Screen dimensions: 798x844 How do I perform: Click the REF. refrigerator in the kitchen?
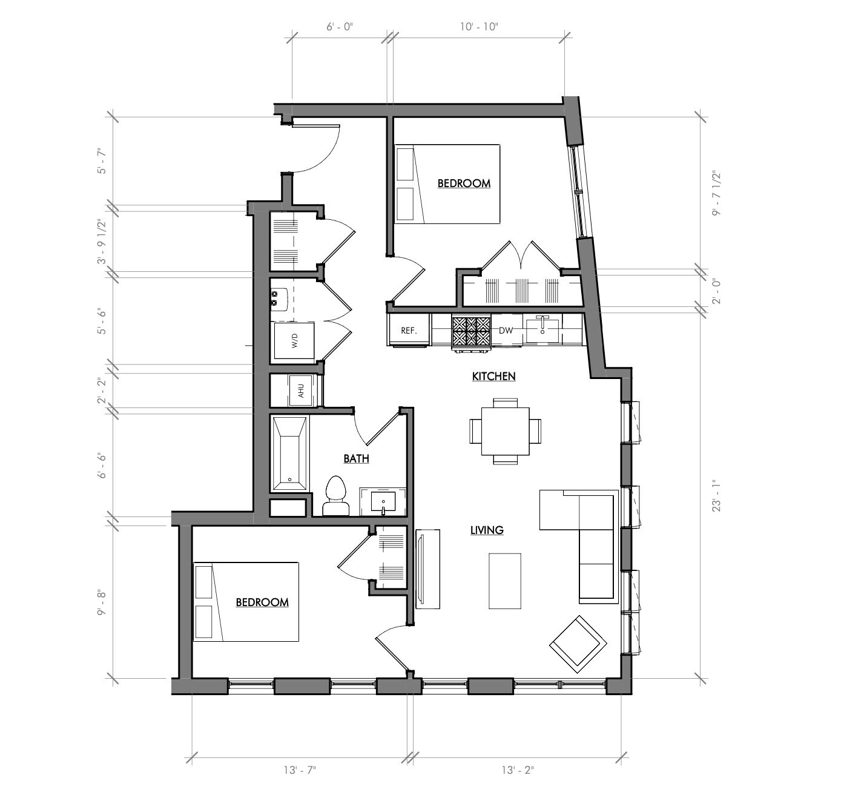409,331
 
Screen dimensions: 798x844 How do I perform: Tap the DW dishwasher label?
506,331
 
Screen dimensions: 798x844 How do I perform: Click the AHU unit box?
301,391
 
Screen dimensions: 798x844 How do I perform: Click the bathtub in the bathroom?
290,453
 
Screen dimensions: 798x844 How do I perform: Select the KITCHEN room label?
493,377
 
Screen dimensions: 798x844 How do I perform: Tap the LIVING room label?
487,530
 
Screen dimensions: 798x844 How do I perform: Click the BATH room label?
356,459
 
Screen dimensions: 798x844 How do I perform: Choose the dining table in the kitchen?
505,431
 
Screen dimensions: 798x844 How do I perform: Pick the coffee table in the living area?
504,581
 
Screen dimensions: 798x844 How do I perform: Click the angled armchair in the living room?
578,644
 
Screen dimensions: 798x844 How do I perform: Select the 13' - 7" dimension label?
300,771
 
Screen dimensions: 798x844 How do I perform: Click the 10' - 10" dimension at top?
479,27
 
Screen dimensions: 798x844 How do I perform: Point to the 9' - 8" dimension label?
102,602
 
